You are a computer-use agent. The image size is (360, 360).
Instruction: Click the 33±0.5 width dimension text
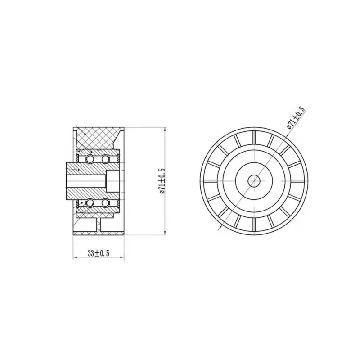tap(98, 253)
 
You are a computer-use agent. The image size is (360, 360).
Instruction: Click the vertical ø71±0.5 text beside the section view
tap(162, 181)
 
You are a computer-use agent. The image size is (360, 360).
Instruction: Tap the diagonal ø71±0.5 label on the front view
tap(296, 117)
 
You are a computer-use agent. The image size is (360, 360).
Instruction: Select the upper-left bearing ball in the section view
tap(90, 159)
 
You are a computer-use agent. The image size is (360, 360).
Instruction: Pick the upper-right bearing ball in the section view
tap(105, 159)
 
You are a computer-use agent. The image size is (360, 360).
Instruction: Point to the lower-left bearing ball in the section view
tap(90, 203)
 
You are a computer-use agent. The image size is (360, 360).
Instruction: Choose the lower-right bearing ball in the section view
tap(105, 203)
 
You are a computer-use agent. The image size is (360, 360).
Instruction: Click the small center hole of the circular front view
tap(254, 181)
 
